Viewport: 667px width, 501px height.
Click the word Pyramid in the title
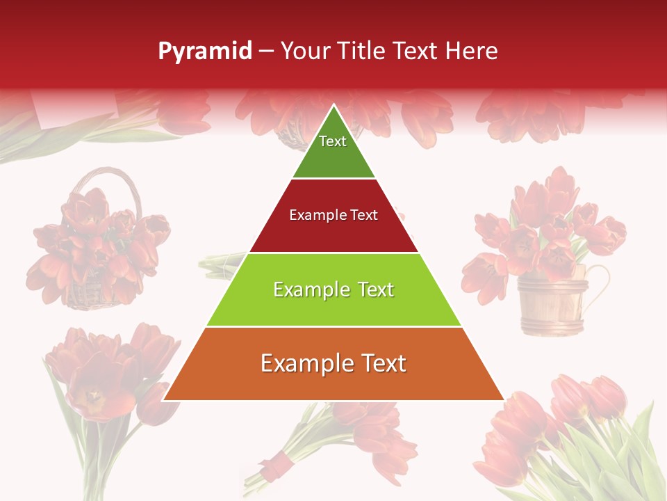click(x=205, y=51)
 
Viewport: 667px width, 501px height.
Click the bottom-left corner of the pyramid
click(x=165, y=399)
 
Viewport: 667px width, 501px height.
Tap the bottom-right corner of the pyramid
click(x=502, y=399)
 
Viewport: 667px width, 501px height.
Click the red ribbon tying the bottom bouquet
click(x=279, y=463)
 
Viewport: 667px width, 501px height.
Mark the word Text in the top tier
click(x=333, y=141)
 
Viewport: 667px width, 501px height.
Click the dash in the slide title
click(x=266, y=51)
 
